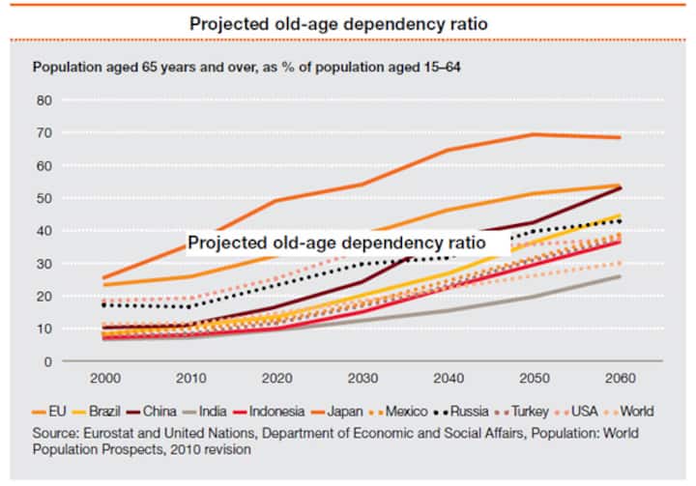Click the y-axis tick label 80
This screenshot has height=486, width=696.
click(x=43, y=100)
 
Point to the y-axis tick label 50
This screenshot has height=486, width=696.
click(x=43, y=198)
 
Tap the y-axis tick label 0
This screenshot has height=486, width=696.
click(x=46, y=361)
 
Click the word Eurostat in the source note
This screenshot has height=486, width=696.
click(x=104, y=431)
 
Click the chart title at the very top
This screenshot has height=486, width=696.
click(x=348, y=22)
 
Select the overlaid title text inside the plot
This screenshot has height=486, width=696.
click(x=348, y=243)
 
